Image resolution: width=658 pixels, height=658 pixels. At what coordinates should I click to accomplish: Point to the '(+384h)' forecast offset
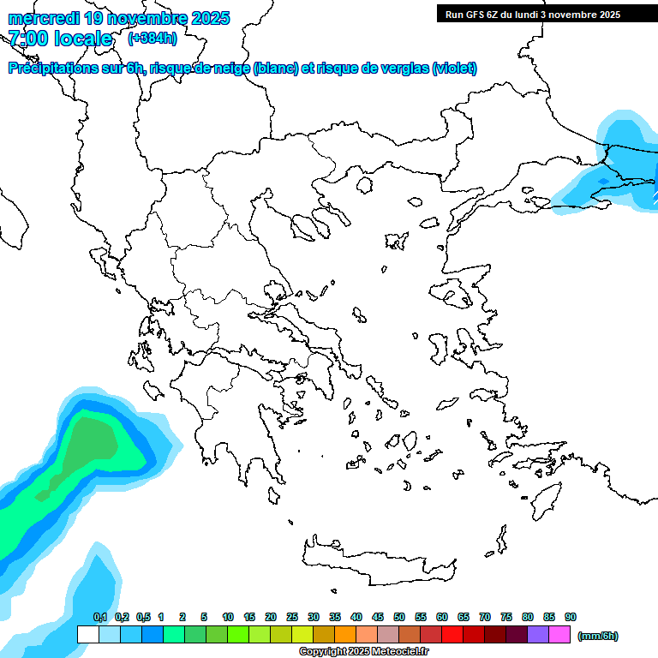[153, 39]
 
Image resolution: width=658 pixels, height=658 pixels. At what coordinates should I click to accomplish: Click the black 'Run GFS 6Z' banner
[532, 14]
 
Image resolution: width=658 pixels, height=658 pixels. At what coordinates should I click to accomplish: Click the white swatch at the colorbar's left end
[87, 634]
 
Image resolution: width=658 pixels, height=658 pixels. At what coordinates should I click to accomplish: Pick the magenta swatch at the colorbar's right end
[559, 634]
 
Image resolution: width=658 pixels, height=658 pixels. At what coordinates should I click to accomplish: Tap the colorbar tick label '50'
[399, 617]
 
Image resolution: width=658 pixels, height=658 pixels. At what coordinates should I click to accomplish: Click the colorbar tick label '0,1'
[99, 617]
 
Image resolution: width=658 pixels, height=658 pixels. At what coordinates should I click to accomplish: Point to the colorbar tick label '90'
[571, 617]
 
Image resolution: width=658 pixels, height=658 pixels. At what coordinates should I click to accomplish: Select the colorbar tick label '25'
[292, 617]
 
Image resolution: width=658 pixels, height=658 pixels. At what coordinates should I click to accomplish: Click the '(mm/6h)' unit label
[598, 636]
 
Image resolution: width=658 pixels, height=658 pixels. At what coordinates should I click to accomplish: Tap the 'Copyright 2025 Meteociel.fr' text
[363, 651]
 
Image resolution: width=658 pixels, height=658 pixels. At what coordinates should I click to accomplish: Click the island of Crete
[377, 561]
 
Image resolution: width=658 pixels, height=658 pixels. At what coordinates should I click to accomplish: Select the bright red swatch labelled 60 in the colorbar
[452, 634]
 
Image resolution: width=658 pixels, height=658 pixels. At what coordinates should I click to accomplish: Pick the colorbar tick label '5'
[204, 617]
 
